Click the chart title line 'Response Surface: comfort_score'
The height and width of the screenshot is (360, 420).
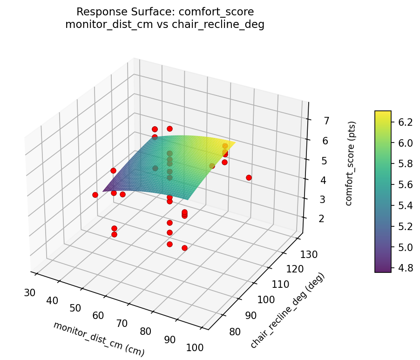165,12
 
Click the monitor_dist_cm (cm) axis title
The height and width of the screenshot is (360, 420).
99,339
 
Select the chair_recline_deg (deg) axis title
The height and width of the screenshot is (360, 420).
287,311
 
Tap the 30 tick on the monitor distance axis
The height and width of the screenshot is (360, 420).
30,292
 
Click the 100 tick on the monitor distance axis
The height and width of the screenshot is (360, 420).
195,347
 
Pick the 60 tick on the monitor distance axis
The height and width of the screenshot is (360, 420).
98,315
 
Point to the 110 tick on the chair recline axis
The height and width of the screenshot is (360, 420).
282,284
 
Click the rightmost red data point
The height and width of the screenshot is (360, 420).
249,177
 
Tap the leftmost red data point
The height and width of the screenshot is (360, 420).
95,195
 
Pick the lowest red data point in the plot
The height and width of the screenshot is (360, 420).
184,248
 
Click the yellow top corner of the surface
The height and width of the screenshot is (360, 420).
234,142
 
